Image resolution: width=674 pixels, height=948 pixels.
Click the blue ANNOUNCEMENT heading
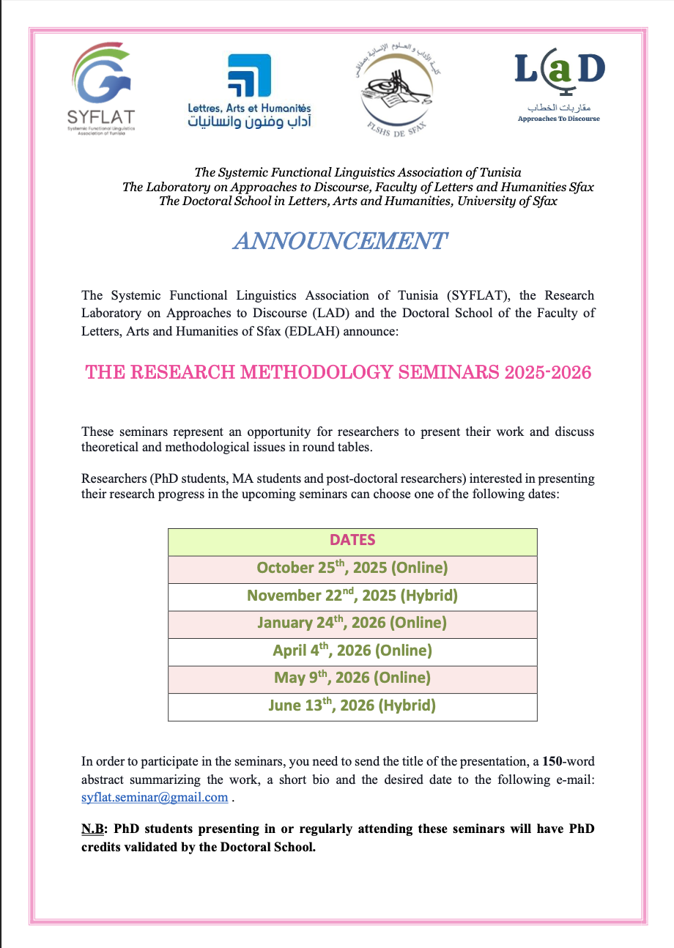[339, 241]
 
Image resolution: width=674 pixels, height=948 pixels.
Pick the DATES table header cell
[352, 541]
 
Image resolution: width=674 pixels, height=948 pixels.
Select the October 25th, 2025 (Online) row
[352, 568]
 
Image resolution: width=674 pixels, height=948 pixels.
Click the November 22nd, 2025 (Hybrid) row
[352, 595]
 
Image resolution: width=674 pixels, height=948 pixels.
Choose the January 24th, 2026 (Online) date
[352, 623]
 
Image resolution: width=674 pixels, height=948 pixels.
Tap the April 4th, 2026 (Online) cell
[352, 651]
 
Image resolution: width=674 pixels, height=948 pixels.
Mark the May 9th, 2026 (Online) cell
[352, 678]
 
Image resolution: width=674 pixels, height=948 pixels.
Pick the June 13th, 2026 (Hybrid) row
[352, 706]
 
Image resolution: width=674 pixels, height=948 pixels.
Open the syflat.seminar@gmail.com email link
[155, 798]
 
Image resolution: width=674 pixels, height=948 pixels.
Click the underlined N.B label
[92, 829]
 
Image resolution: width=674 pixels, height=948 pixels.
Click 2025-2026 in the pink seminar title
[548, 372]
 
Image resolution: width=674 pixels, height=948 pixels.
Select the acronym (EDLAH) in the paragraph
[281, 330]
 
